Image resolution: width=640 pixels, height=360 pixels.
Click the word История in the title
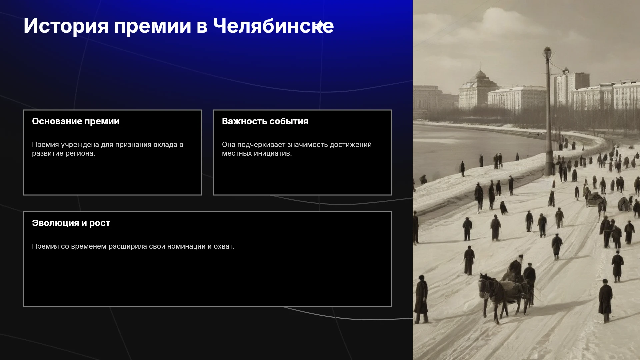(x=66, y=26)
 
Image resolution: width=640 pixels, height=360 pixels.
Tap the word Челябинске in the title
(x=273, y=26)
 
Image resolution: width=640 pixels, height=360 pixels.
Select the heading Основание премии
(x=76, y=121)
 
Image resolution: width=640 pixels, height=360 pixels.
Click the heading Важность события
(x=265, y=121)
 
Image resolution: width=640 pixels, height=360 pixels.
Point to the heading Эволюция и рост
(x=71, y=223)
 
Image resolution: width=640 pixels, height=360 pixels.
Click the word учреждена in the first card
(x=80, y=145)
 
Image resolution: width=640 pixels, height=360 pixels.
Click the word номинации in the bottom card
(x=186, y=247)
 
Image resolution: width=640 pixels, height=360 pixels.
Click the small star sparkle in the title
(x=319, y=25)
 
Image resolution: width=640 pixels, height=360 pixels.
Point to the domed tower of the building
(x=480, y=75)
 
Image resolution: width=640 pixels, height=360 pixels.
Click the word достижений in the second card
(x=351, y=145)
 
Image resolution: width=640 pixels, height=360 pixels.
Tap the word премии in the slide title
(x=152, y=26)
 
